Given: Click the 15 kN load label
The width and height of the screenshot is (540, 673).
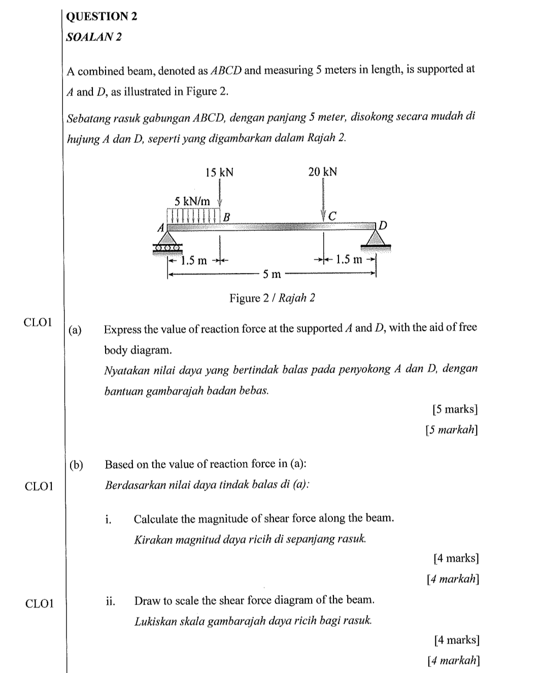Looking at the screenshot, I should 219,172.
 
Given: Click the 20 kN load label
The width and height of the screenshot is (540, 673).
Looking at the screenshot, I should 322,172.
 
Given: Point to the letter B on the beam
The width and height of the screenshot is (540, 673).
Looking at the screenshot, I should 227,216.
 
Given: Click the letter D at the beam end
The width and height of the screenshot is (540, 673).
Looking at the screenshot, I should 383,225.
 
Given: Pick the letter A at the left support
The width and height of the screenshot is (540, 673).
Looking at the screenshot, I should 161,228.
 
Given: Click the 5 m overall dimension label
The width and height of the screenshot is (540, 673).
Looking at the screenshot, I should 272,275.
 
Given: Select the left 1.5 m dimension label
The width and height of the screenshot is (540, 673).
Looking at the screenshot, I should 194,261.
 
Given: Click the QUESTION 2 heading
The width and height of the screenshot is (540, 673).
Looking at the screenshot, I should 102,16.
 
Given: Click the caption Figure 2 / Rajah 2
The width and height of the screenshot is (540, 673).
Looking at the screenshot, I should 272,298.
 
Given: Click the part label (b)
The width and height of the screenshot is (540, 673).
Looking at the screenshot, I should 76,465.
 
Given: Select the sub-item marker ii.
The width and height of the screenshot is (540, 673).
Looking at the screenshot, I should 111,601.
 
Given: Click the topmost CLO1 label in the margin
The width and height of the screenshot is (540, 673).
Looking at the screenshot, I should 39,322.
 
